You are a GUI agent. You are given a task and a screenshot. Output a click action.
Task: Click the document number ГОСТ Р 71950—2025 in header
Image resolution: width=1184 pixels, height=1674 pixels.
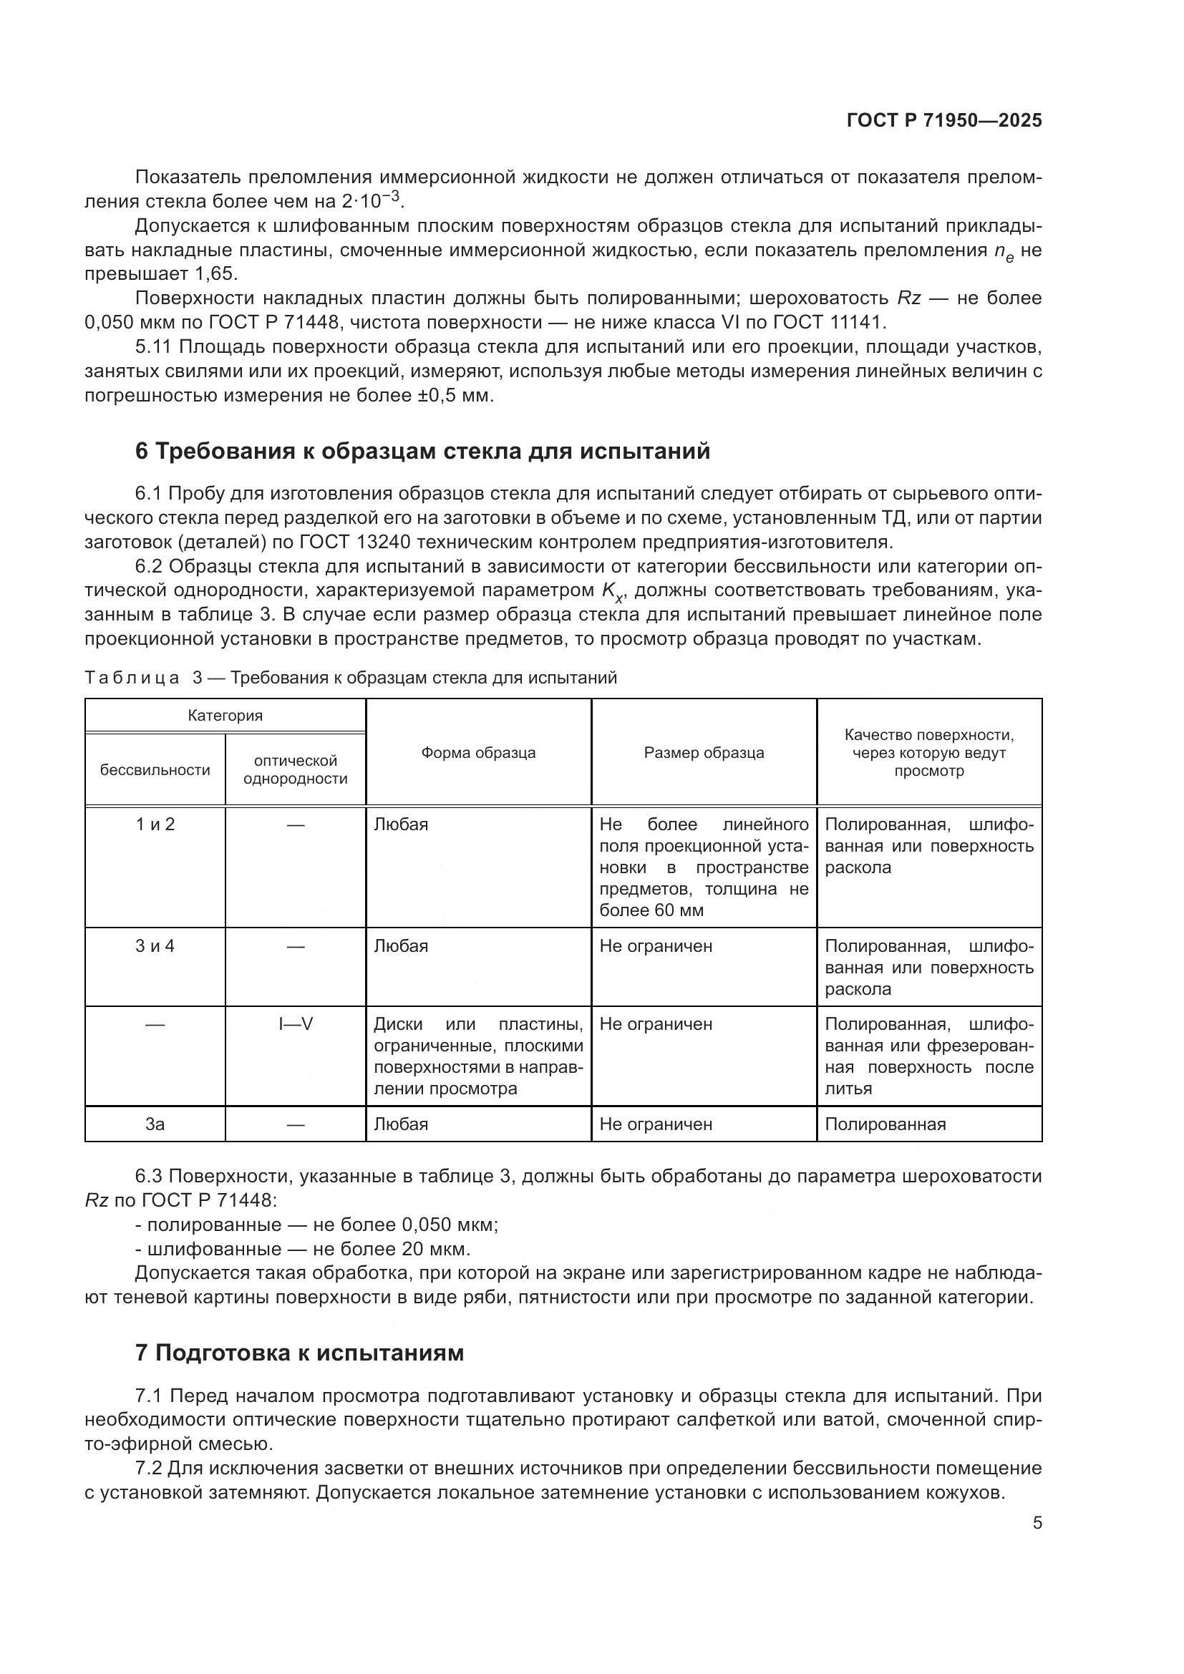[944, 120]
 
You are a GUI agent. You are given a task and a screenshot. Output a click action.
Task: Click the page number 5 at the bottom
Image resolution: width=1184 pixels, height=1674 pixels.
[1037, 1522]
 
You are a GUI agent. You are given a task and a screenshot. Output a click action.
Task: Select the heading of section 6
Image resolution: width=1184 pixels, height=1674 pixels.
[422, 452]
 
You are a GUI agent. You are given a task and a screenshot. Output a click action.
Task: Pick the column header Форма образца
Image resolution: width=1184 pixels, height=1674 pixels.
[477, 753]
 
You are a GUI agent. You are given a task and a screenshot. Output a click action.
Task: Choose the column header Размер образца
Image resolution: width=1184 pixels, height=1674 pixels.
[704, 753]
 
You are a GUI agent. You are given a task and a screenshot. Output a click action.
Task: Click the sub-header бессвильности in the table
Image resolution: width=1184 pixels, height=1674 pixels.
[155, 770]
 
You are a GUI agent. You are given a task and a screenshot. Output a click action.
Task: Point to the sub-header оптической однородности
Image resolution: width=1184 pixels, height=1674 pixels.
[295, 770]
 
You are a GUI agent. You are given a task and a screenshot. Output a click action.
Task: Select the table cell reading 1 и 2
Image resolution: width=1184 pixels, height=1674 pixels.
[155, 824]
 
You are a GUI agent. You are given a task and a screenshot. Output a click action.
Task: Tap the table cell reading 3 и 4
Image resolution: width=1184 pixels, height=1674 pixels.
[155, 946]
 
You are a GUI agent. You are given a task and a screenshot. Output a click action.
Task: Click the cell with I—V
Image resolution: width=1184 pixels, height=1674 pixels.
[295, 1024]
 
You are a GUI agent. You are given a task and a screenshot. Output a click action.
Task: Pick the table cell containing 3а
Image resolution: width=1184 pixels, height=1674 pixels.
[155, 1124]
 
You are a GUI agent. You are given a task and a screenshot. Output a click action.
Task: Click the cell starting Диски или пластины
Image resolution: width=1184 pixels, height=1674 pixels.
[477, 1056]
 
